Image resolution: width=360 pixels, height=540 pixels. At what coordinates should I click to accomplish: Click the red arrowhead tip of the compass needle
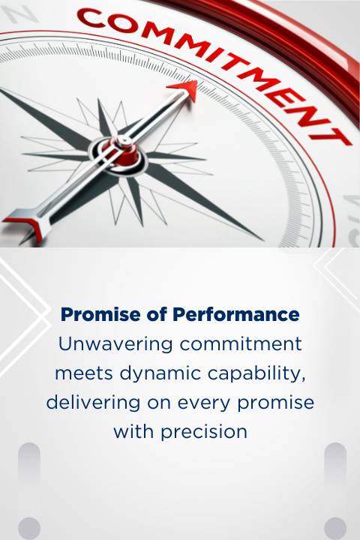pos(197,81)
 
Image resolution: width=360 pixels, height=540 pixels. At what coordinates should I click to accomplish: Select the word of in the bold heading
pos(157,314)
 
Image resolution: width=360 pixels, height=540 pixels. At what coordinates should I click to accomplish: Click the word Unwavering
pos(115,344)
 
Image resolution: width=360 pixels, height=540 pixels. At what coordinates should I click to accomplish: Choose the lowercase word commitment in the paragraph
pos(241,344)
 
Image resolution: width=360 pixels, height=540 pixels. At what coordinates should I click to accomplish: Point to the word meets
pos(84,373)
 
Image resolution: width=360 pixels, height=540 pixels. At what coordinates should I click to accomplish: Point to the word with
pos(134,432)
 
